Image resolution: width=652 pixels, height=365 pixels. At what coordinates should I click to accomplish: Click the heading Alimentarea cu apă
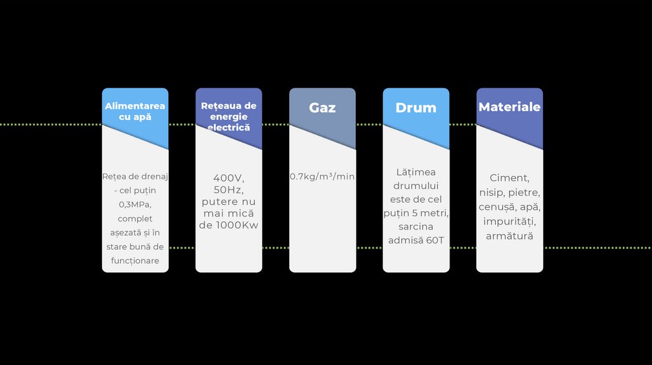[x=135, y=111]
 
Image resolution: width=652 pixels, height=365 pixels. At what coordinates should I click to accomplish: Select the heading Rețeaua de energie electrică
[x=229, y=116]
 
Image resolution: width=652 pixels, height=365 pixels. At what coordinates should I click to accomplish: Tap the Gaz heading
[x=322, y=107]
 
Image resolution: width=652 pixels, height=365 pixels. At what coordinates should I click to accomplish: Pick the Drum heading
[x=416, y=107]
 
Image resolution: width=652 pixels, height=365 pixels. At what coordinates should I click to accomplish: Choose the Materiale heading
[x=509, y=107]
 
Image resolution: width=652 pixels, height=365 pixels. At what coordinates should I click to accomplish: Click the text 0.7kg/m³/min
[x=322, y=176]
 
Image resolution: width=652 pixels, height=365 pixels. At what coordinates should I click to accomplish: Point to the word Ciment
[x=509, y=178]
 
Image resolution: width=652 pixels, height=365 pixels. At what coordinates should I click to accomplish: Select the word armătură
[x=509, y=236]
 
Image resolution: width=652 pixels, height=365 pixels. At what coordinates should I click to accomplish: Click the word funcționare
[x=135, y=261]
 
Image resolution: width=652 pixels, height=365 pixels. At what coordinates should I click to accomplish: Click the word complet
[x=135, y=219]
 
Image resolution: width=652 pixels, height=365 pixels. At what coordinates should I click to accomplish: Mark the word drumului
[x=416, y=186]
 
